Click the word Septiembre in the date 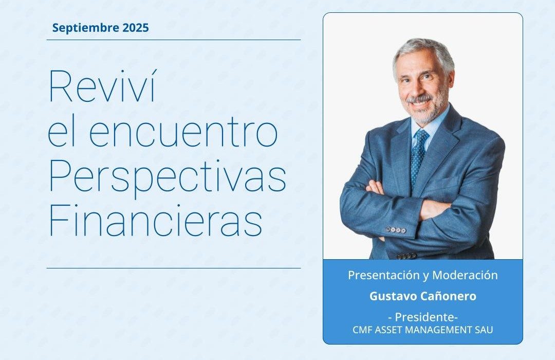pyautogui.click(x=86, y=28)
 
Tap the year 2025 pyautogui.click(x=136, y=28)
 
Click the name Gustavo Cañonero pyautogui.click(x=423, y=296)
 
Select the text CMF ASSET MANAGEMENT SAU pyautogui.click(x=422, y=330)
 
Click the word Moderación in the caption pyautogui.click(x=465, y=275)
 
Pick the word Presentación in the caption pyautogui.click(x=383, y=275)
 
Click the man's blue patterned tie pyautogui.click(x=418, y=156)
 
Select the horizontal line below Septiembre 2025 pyautogui.click(x=174, y=40)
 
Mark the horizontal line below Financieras pyautogui.click(x=174, y=268)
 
